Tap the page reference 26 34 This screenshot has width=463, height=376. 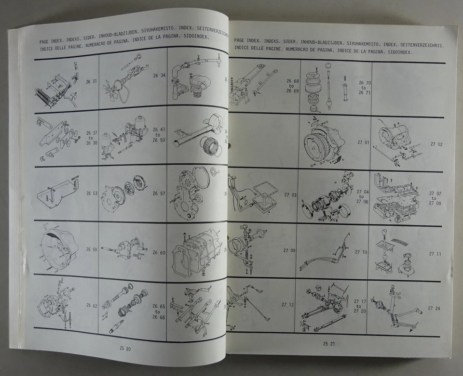pyautogui.click(x=159, y=76)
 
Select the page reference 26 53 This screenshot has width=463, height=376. pyautogui.click(x=92, y=193)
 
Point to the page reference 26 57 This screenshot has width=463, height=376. pyautogui.click(x=159, y=194)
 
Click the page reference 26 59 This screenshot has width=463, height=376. pyautogui.click(x=92, y=249)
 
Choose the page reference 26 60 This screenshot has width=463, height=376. pyautogui.click(x=159, y=252)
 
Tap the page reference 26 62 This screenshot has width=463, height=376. pyautogui.click(x=92, y=305)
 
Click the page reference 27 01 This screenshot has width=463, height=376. pyautogui.click(x=363, y=143)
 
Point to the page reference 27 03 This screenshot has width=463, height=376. pyautogui.click(x=291, y=195)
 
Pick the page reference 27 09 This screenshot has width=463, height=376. pyautogui.click(x=289, y=250)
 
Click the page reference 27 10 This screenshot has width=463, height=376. pyautogui.click(x=361, y=252)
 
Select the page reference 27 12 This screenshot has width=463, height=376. pyautogui.click(x=288, y=304)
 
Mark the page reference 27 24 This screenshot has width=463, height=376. pyautogui.click(x=434, y=308)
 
